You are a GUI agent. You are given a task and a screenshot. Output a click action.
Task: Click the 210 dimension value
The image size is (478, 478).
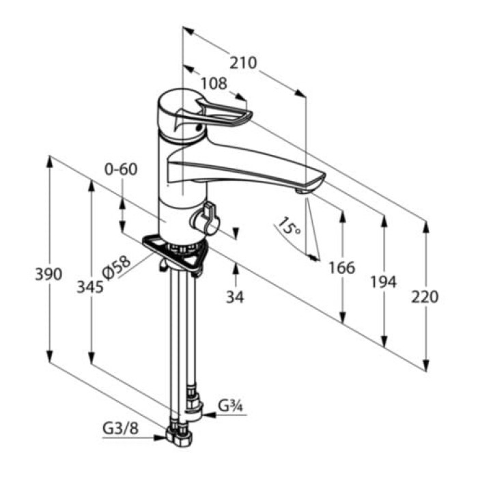pyautogui.click(x=243, y=63)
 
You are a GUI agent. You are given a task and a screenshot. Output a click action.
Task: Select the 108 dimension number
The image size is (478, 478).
pyautogui.click(x=214, y=83)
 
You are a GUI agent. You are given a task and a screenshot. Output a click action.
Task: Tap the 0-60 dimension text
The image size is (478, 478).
pyautogui.click(x=121, y=169)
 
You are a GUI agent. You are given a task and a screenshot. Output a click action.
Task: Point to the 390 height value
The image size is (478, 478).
pyautogui.click(x=48, y=274)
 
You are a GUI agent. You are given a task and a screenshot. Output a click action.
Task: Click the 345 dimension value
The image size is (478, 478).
pyautogui.click(x=90, y=287)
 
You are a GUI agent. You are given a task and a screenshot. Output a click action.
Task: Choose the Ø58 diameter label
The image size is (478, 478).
pyautogui.click(x=117, y=268)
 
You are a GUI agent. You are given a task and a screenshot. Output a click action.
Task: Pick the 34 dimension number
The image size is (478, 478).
pyautogui.click(x=235, y=297)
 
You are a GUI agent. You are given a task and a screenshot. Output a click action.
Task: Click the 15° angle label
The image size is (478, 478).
pyautogui.click(x=288, y=226)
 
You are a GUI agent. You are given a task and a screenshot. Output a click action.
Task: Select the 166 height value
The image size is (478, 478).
pyautogui.click(x=342, y=268)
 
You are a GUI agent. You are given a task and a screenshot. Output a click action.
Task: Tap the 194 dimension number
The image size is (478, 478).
pyautogui.click(x=384, y=281)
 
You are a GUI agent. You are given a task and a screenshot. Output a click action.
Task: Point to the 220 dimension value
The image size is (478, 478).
pyautogui.click(x=425, y=297)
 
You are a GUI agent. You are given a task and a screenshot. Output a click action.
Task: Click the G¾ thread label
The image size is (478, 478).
pyautogui.click(x=231, y=406)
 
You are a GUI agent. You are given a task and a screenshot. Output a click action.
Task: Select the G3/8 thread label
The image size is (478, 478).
pyautogui.click(x=121, y=429)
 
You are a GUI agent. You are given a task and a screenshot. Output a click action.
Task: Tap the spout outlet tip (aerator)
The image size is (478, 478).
pyautogui.click(x=302, y=191)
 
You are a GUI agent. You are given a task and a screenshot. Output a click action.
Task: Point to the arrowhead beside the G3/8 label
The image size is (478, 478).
pyautogui.click(x=160, y=438)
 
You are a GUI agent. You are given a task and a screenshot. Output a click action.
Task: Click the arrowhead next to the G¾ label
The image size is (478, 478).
pyautogui.click(x=209, y=415)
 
